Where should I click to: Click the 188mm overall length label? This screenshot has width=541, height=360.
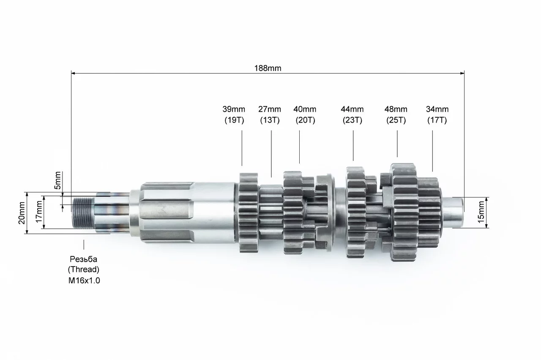coord(268,69)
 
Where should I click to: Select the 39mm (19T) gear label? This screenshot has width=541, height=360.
coord(234,115)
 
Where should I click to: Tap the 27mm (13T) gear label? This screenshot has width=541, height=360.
coord(270,115)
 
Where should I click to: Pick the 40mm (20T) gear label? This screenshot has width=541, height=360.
coord(305,115)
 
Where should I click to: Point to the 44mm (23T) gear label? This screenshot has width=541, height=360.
coord(352,115)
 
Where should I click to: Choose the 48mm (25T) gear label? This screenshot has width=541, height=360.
coord(396,115)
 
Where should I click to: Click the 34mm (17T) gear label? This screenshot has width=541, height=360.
coord(437,115)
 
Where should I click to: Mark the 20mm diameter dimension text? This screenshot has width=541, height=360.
coord(22,213)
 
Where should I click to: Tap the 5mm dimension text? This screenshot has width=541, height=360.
coord(57,180)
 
